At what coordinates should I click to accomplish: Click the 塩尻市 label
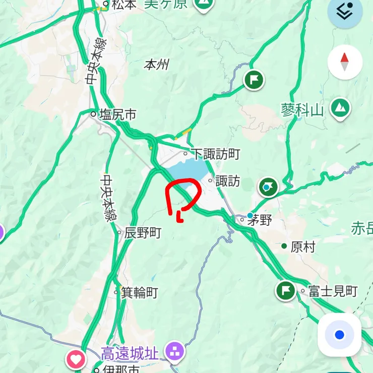click(117, 115)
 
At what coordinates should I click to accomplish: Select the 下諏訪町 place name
click(217, 153)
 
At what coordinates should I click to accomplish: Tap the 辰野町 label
click(143, 232)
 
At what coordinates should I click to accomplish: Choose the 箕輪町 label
click(139, 292)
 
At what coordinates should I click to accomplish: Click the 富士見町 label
click(333, 291)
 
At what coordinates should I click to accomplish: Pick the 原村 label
click(303, 247)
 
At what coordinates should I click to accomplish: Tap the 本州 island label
click(156, 65)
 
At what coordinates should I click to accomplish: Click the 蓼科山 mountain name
click(302, 110)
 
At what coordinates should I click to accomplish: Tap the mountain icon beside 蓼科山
click(341, 107)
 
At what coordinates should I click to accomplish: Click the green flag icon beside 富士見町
click(286, 291)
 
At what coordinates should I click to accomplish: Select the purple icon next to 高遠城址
click(175, 351)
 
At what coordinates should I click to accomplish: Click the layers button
click(345, 11)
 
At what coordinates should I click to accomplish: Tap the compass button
click(345, 62)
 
